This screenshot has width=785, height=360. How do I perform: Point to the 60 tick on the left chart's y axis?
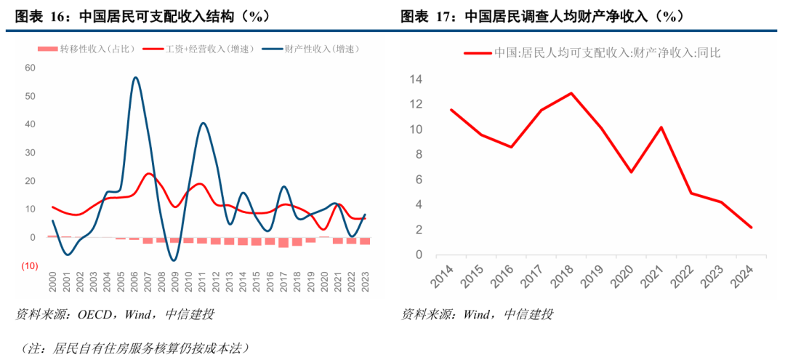click(x=30, y=68)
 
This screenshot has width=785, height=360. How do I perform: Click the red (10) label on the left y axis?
click(x=28, y=266)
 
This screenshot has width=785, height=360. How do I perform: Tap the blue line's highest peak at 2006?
click(x=135, y=77)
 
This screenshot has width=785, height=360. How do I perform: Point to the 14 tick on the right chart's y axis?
click(x=416, y=79)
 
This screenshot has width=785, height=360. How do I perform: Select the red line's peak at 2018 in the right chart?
click(x=571, y=93)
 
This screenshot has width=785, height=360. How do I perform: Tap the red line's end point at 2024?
click(x=751, y=228)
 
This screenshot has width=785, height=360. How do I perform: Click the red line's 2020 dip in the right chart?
click(x=632, y=172)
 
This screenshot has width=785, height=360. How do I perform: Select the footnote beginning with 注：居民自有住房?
click(x=134, y=348)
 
